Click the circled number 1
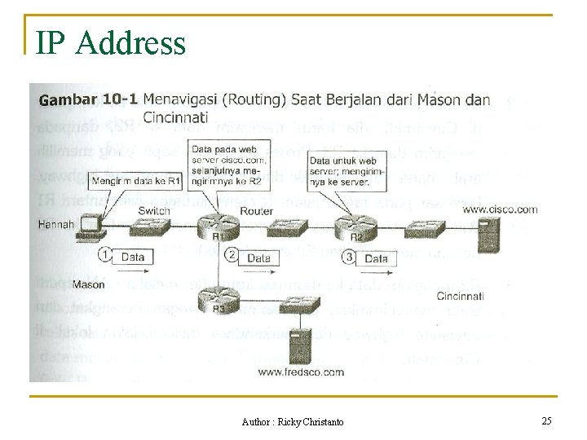click(x=104, y=256)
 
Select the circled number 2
click(x=231, y=256)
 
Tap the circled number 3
click(x=349, y=257)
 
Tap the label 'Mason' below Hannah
click(x=88, y=285)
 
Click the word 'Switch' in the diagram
click(x=154, y=211)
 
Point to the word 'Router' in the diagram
click(x=256, y=212)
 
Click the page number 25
click(x=546, y=420)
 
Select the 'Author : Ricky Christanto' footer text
click(x=293, y=421)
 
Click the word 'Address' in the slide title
click(x=130, y=42)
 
